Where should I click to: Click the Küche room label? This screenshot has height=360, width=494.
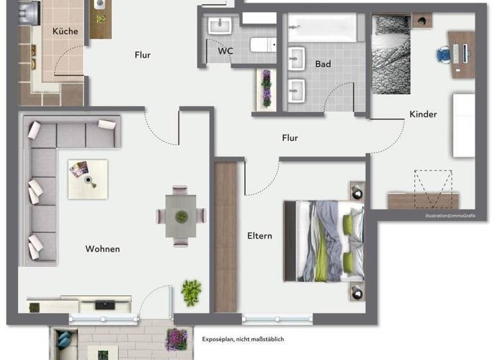[65, 31]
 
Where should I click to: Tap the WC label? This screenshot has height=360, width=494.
[225, 50]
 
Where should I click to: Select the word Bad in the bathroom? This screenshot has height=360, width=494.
[323, 64]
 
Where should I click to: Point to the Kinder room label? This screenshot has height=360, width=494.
[423, 114]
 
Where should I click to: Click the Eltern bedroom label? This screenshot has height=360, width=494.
[259, 236]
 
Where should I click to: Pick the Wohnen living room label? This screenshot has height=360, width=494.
[102, 249]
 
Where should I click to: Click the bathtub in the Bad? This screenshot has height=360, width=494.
[322, 28]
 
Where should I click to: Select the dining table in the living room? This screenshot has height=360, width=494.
[181, 215]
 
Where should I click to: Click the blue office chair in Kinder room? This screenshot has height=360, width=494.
[443, 55]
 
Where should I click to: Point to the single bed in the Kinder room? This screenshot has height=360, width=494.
[391, 55]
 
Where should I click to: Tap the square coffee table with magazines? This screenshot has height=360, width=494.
[88, 179]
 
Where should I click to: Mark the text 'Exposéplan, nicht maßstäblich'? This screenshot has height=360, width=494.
[242, 339]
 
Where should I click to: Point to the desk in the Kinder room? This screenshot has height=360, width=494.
[463, 55]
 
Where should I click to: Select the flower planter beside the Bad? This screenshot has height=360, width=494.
[266, 89]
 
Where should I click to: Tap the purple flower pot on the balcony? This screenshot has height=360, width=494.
[176, 339]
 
